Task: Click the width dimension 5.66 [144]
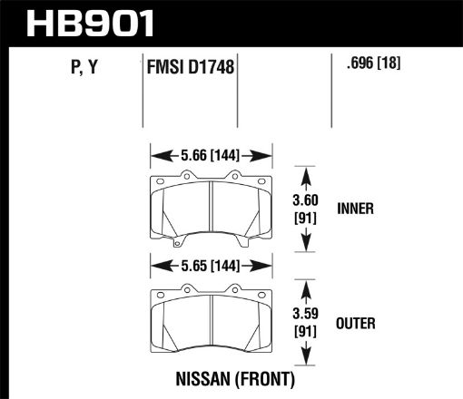click(211, 154)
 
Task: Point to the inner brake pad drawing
click(211, 207)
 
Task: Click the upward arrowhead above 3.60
click(310, 172)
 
